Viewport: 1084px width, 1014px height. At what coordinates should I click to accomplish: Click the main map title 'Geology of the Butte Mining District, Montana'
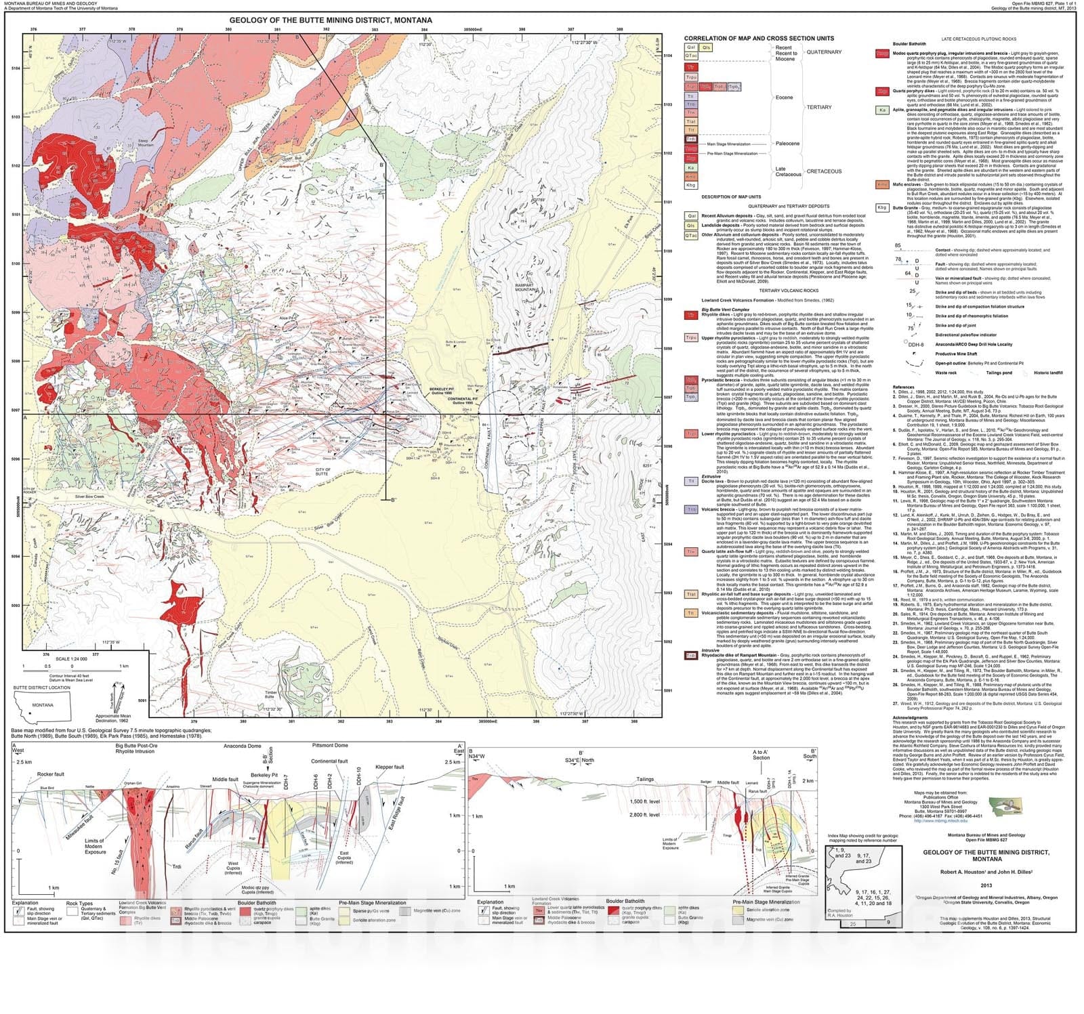[331, 20]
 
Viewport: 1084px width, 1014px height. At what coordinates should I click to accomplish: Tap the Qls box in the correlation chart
[707, 47]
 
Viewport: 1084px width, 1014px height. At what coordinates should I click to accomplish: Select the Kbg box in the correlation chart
[691, 185]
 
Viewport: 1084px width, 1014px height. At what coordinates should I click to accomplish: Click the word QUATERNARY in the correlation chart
[824, 52]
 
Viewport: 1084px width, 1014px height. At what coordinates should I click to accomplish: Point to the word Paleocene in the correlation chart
[787, 144]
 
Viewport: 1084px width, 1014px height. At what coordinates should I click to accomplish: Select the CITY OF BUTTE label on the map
[323, 471]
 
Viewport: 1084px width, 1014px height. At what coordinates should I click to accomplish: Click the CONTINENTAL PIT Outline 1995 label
[463, 401]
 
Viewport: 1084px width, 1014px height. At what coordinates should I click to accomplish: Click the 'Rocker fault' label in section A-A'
[51, 774]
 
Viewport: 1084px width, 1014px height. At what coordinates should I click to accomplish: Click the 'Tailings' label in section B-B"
[645, 779]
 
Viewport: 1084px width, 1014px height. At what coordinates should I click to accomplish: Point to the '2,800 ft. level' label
[644, 815]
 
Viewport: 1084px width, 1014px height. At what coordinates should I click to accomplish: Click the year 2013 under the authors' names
[986, 885]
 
